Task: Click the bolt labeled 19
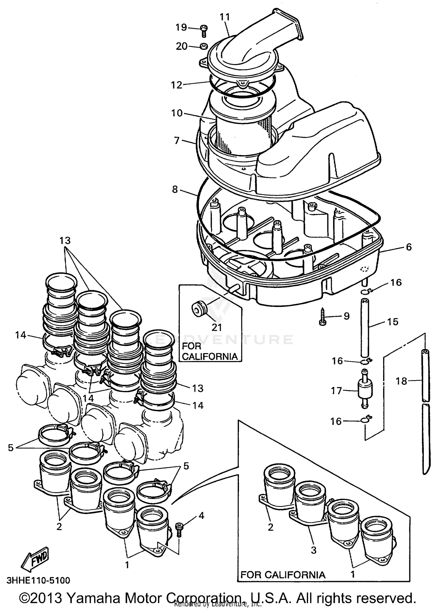(x=204, y=30)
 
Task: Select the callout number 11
(x=225, y=17)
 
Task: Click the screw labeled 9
(x=322, y=317)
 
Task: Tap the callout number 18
(x=401, y=381)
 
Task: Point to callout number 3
(x=313, y=550)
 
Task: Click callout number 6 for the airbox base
(x=408, y=247)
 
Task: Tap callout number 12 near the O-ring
(x=176, y=85)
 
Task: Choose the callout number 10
(x=176, y=113)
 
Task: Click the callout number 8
(x=175, y=190)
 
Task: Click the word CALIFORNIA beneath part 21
(x=210, y=356)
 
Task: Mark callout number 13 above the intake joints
(x=65, y=241)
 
